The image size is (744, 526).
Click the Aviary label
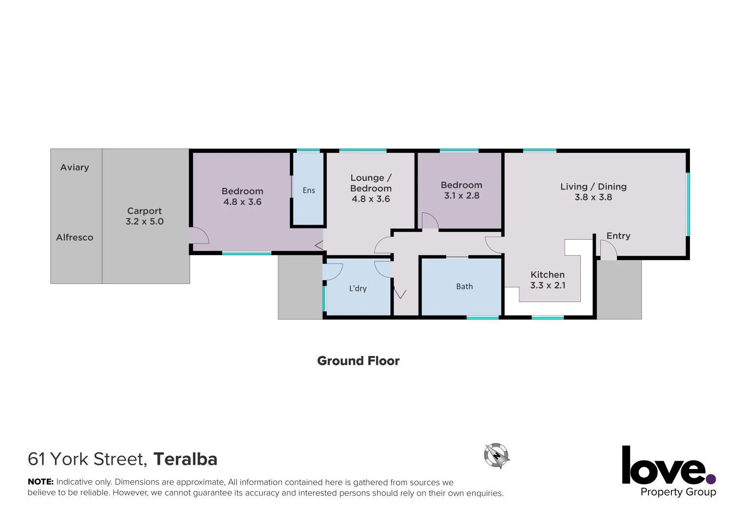75,168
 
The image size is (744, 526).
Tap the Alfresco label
75,238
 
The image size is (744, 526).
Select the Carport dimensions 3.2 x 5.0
145,222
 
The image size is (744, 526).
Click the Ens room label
309,190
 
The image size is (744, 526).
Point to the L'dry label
358,288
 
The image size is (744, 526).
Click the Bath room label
464,286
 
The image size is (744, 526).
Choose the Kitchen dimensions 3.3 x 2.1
548,285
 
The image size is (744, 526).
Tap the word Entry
618,236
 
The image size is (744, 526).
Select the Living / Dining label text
593,187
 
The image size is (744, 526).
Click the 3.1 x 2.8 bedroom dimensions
461,196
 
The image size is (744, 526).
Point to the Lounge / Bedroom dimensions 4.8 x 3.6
371,199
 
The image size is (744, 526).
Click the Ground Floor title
358,361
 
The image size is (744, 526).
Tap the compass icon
496,456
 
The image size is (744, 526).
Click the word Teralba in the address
185,459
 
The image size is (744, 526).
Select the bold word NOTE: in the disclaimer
40,482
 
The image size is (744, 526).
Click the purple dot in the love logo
711,478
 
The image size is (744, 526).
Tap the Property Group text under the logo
678,492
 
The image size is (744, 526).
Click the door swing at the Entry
608,250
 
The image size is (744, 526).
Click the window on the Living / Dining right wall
688,204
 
